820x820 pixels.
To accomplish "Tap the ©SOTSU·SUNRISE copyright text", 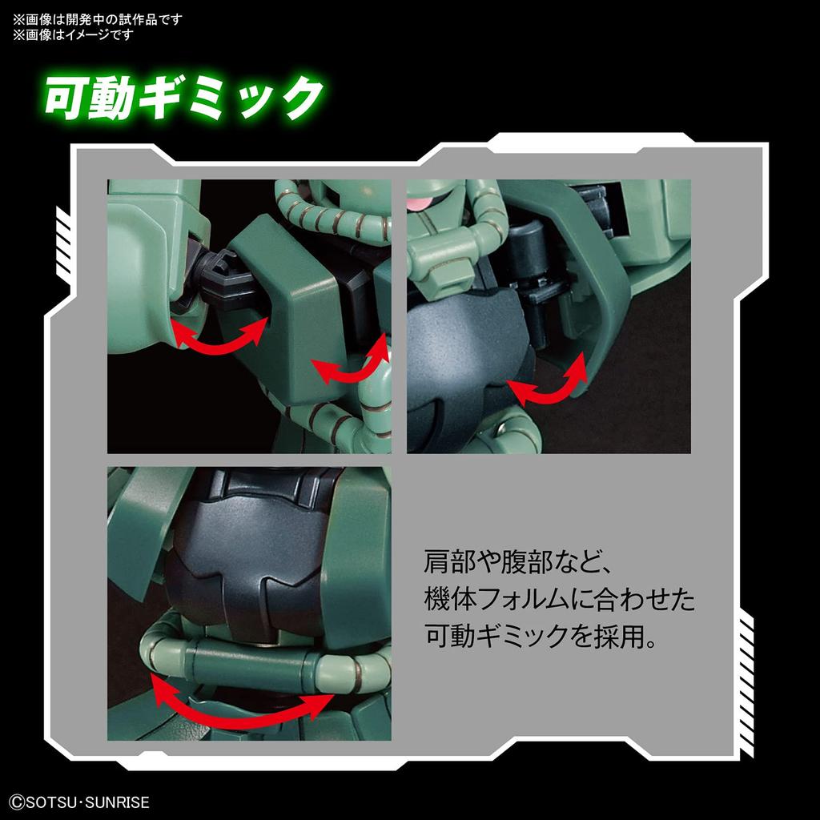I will click(x=77, y=801).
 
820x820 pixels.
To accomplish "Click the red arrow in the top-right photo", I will click(x=549, y=383).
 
